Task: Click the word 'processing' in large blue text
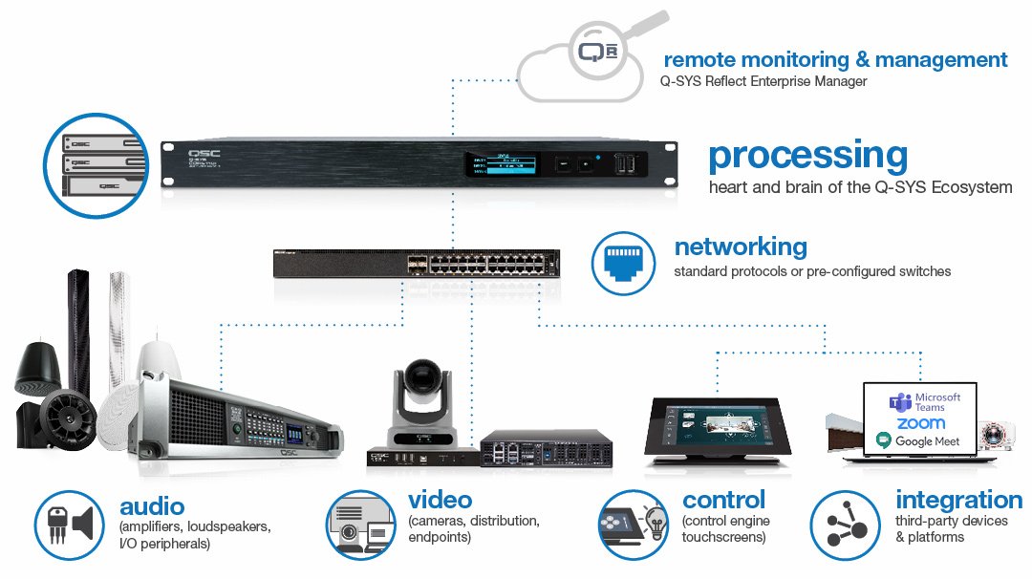(x=807, y=155)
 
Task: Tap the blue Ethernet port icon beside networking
(x=623, y=261)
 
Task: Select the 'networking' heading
(x=741, y=247)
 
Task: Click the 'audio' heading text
(x=152, y=506)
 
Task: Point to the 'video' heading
(x=440, y=500)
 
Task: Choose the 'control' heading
(x=723, y=500)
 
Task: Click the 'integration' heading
(x=958, y=500)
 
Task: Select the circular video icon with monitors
(x=360, y=524)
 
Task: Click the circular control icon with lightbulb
(x=632, y=524)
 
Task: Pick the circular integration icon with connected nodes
(x=845, y=524)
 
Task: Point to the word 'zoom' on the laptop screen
(x=920, y=422)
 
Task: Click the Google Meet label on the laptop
(x=918, y=440)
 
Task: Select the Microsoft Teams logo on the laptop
(x=898, y=402)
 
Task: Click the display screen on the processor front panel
(x=503, y=164)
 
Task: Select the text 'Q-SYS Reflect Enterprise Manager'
(x=763, y=82)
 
